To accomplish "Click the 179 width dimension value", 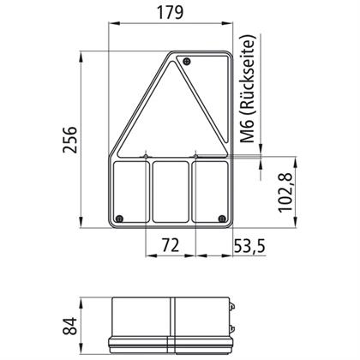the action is tap(170, 13).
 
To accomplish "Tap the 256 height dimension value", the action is tap(70, 140).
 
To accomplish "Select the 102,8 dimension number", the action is tap(285, 192).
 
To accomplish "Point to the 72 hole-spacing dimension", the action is tap(171, 245).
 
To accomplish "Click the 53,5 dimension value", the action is tap(249, 246).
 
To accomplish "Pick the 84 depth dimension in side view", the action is tap(70, 326).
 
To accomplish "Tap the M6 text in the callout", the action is tap(247, 132).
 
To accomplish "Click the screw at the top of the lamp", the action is tap(187, 61).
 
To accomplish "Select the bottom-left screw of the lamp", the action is tap(119, 219).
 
